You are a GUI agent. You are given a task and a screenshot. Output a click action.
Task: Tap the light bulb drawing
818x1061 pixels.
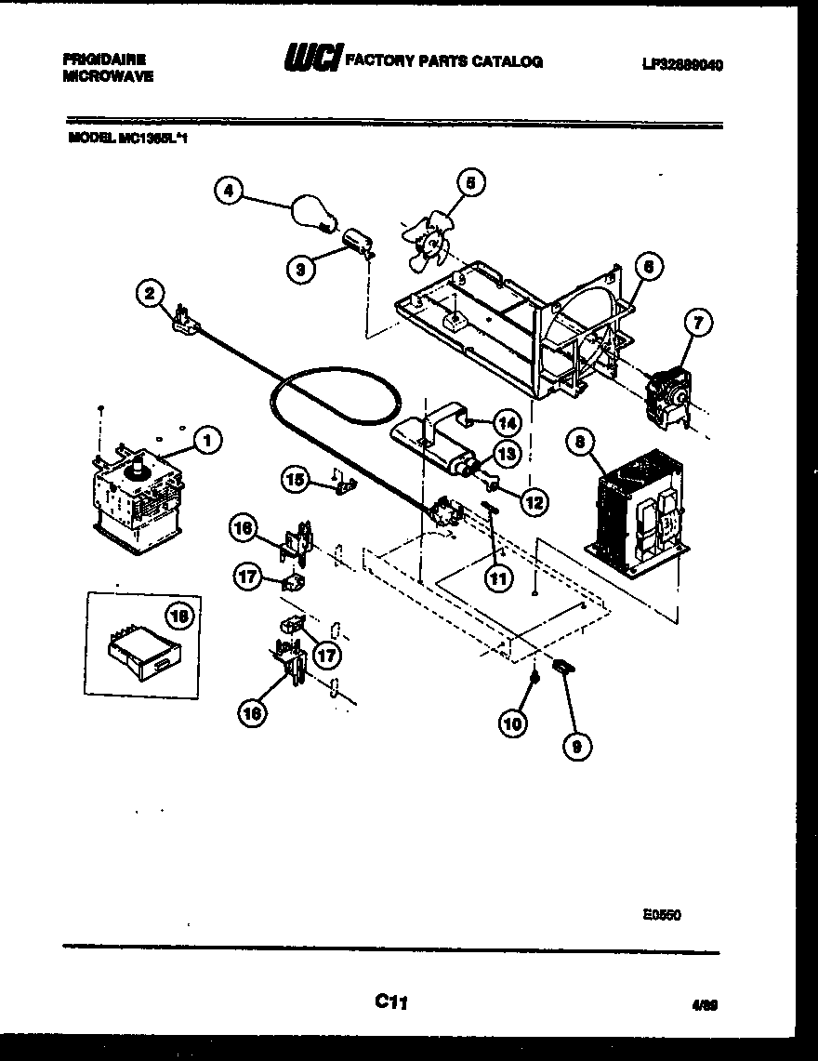point(311,213)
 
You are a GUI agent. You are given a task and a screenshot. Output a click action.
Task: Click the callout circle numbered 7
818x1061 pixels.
point(698,324)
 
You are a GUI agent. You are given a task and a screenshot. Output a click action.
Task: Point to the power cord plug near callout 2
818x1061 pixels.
point(181,319)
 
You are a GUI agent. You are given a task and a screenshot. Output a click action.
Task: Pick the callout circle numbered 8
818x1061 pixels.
point(579,444)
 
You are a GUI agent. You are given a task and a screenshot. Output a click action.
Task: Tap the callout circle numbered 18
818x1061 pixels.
point(180,616)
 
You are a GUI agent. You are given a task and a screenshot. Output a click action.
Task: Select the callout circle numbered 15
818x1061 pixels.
point(296,480)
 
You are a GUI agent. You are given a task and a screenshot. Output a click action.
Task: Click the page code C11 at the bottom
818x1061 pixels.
point(391,1001)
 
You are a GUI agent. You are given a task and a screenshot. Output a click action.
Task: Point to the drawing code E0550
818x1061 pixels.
point(661,914)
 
